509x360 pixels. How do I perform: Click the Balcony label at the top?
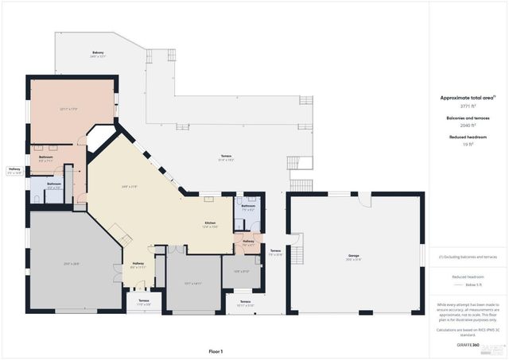tap(97, 54)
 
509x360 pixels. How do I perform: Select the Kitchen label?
tap(210, 224)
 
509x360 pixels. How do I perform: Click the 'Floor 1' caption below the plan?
tap(216, 350)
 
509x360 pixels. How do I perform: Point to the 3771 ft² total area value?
tap(468, 106)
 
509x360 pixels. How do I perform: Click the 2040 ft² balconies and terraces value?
tap(468, 126)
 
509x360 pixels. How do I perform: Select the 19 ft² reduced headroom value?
tap(468, 145)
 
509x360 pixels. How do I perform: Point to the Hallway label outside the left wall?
tap(14, 170)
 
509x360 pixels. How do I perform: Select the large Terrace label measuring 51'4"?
tap(226, 157)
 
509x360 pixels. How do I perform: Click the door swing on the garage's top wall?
tap(364, 199)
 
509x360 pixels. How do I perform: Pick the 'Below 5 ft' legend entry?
tap(472, 284)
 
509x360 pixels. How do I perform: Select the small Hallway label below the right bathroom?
tap(248, 242)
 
